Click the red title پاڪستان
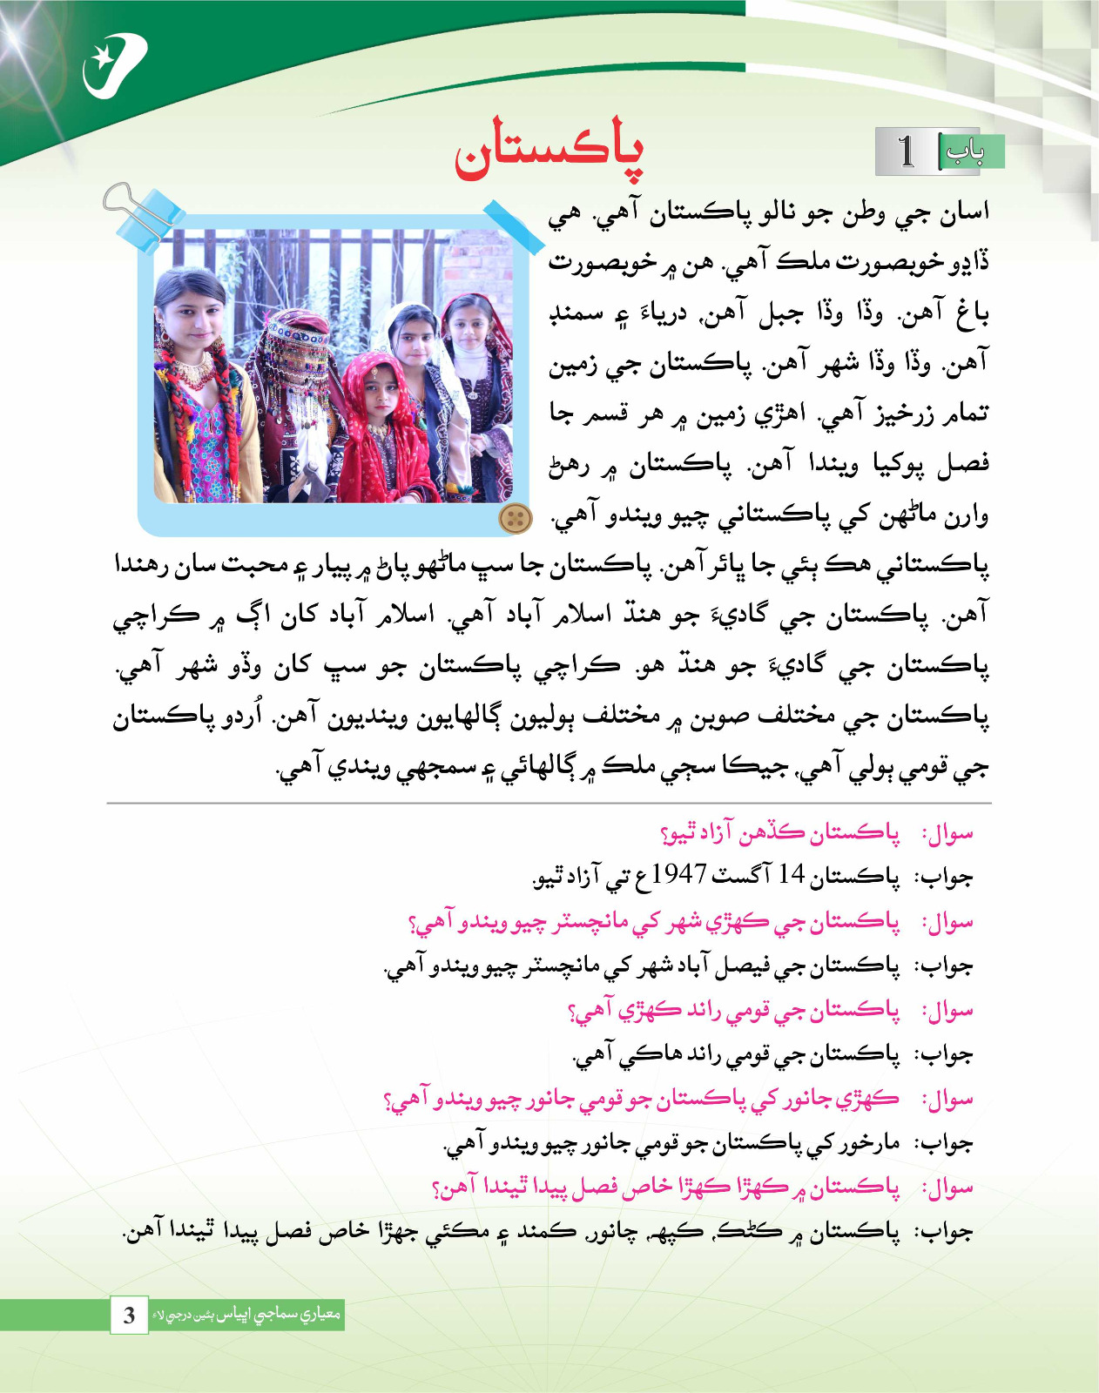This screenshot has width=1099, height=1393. coord(549,151)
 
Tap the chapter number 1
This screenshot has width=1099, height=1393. coord(907,151)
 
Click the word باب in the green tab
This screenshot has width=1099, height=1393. coord(965,151)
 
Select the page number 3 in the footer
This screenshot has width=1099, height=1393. coord(129,1315)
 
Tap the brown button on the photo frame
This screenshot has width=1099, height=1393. coord(515,519)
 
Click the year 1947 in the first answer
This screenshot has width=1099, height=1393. coord(678,873)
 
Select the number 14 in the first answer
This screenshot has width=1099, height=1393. coord(792,874)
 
